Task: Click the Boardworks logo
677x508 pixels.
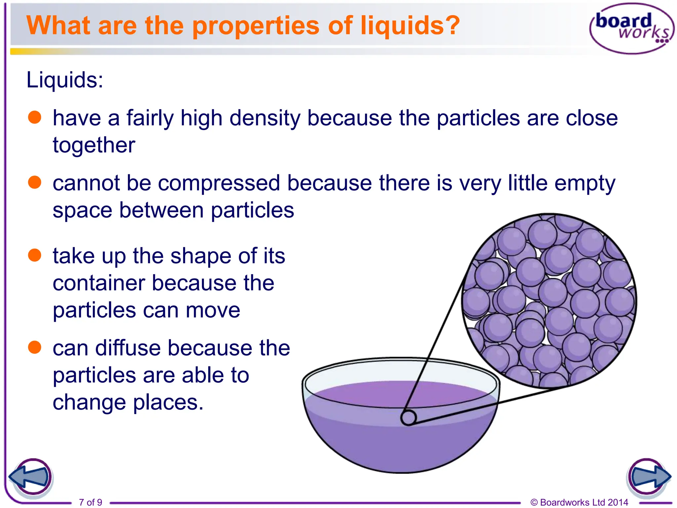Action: pyautogui.click(x=631, y=28)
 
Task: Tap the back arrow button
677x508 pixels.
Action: pyautogui.click(x=30, y=477)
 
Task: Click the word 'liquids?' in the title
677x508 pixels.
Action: pyautogui.click(x=410, y=26)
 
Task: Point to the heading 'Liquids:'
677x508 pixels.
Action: pyautogui.click(x=65, y=80)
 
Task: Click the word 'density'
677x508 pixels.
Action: pyautogui.click(x=264, y=118)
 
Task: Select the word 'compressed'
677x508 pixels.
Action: pyautogui.click(x=219, y=183)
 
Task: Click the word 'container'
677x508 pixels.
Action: pyautogui.click(x=99, y=283)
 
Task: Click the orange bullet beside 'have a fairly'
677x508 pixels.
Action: pyautogui.click(x=35, y=117)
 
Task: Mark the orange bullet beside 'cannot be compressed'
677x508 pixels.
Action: pyautogui.click(x=35, y=182)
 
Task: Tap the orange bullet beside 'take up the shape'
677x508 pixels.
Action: pyautogui.click(x=35, y=255)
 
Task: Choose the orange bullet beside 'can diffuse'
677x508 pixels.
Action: pyautogui.click(x=35, y=347)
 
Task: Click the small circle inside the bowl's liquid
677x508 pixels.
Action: pyautogui.click(x=409, y=418)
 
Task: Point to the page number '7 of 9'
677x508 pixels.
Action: pyautogui.click(x=91, y=502)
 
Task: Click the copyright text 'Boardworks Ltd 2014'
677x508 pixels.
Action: pyautogui.click(x=584, y=502)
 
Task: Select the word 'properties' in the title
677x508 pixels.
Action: pyautogui.click(x=256, y=26)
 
